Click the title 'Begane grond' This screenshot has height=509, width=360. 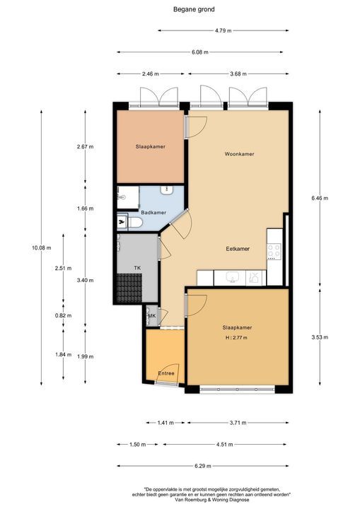tap(194, 9)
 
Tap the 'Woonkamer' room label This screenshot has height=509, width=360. tap(239, 153)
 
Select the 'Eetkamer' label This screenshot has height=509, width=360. tap(238, 249)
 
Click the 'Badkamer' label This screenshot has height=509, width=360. tap(153, 212)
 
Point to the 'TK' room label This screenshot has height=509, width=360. tap(137, 267)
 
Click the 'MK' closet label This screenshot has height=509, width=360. tap(151, 315)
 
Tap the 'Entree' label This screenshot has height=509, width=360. tap(166, 373)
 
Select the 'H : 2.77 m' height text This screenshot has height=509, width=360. tap(236, 338)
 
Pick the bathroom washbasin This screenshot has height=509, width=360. tap(168, 189)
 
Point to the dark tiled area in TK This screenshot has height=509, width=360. tap(130, 288)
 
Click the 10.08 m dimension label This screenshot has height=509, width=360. tap(42, 247)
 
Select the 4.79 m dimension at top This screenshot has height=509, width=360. tap(223, 31)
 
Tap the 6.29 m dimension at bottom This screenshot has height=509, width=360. tap(204, 466)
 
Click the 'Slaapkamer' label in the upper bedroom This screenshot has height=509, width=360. tap(150, 146)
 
